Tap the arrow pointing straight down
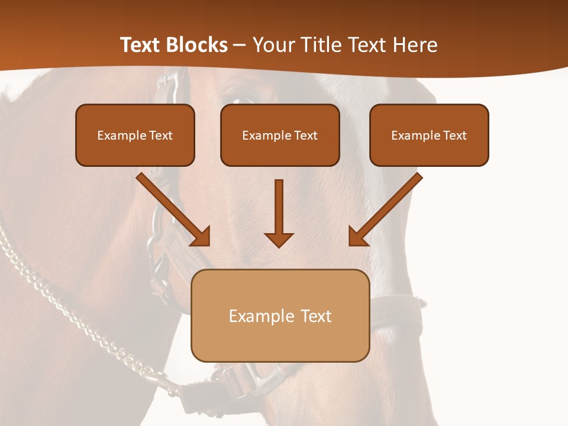coord(279,213)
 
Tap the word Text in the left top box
coord(161,135)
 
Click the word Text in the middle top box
coord(306,135)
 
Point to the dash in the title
coord(240,45)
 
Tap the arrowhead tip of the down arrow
coord(279,246)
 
